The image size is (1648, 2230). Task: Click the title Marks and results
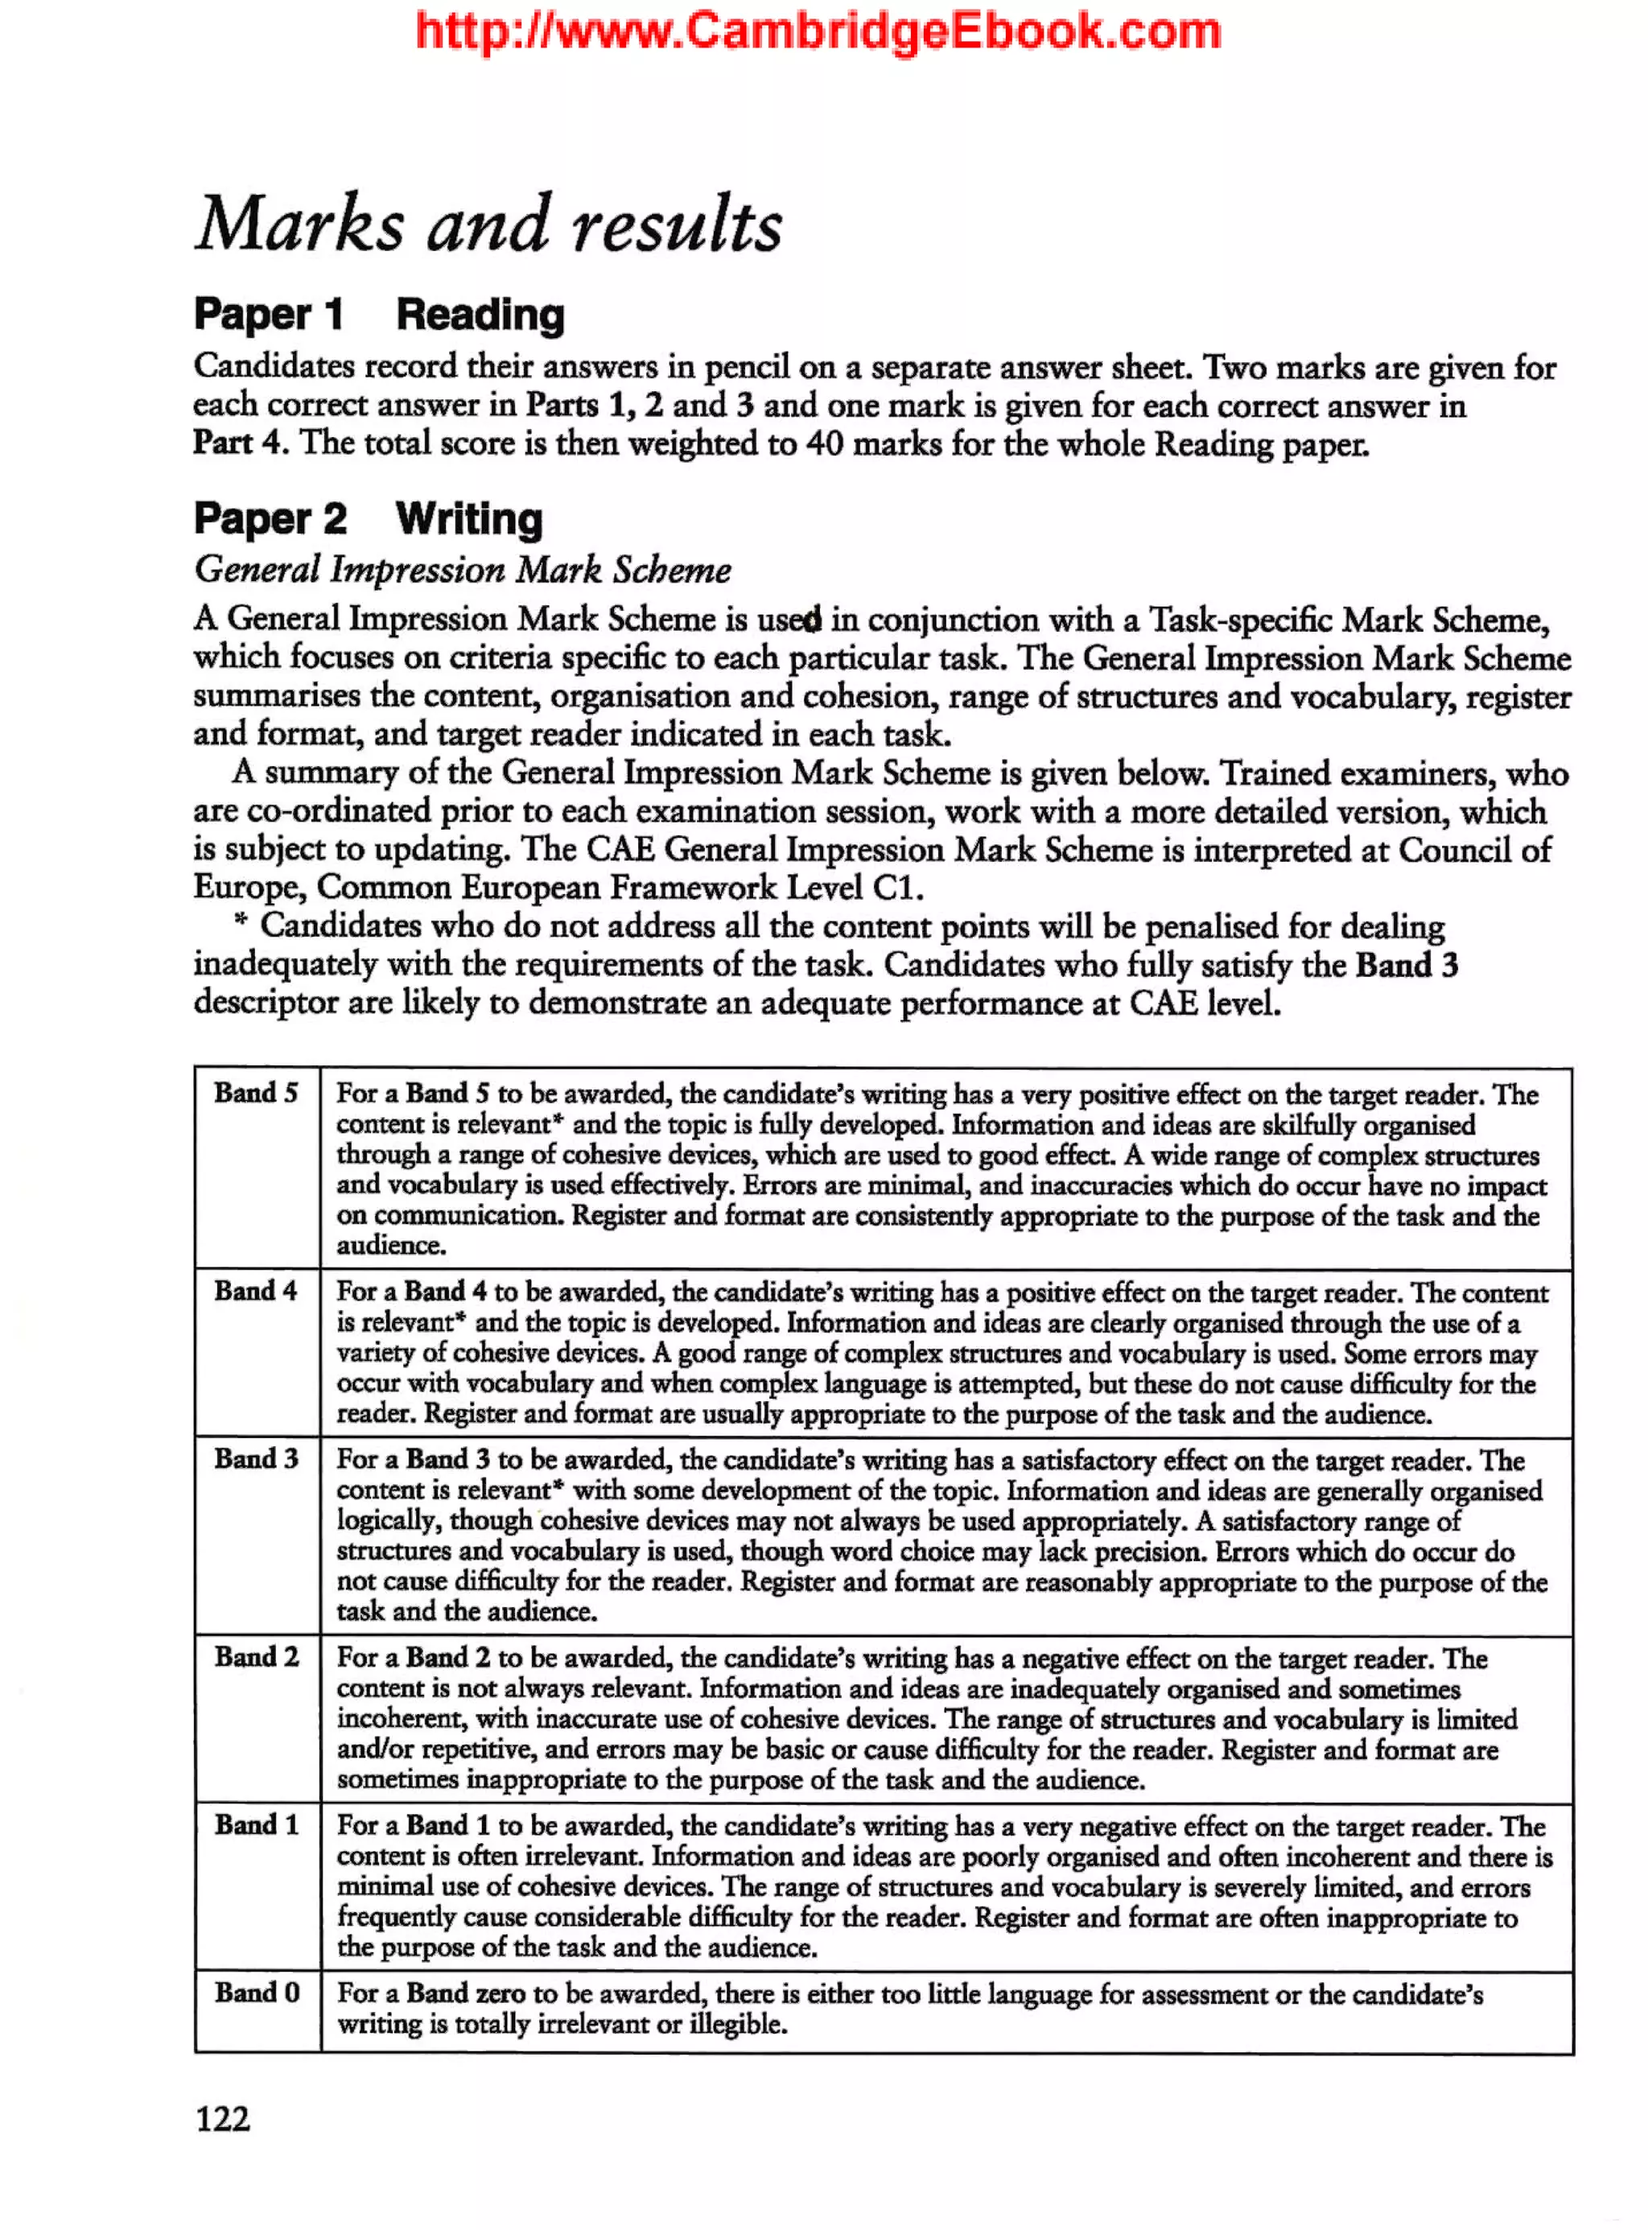coord(488,225)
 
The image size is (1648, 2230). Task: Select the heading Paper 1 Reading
coord(379,315)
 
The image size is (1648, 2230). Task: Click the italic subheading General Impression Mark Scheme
coord(463,571)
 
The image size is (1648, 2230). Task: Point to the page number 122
coord(222,2117)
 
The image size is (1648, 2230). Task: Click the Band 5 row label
coord(255,1093)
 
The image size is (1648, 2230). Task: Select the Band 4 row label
coord(255,1290)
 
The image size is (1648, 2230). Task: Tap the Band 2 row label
coord(255,1656)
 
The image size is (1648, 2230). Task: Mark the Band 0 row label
coord(255,1992)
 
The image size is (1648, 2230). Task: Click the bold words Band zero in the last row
coord(465,1993)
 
